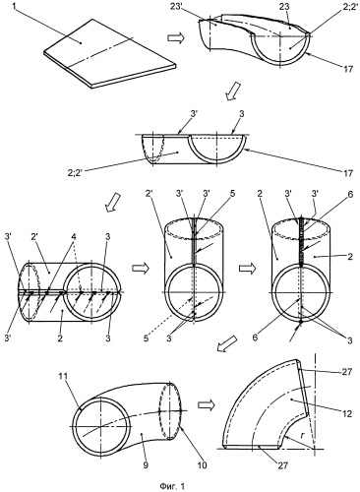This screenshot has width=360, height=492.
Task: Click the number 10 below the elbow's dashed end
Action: coord(203,465)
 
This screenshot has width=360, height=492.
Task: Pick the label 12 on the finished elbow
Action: coord(347,413)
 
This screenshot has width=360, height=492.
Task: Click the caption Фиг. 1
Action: coord(172,485)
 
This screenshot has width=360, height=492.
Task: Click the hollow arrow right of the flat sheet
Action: coord(176,38)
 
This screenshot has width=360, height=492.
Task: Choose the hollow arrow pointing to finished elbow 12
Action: coord(206,405)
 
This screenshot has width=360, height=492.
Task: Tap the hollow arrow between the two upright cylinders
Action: coord(247,269)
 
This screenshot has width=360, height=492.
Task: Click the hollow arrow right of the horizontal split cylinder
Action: coord(140,269)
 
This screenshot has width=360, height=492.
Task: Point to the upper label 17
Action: coord(348,69)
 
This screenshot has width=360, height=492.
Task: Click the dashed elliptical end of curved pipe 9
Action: coord(170,410)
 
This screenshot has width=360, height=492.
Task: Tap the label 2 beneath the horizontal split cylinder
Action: coord(60,338)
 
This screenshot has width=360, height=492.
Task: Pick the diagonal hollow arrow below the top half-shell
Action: coord(233,91)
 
